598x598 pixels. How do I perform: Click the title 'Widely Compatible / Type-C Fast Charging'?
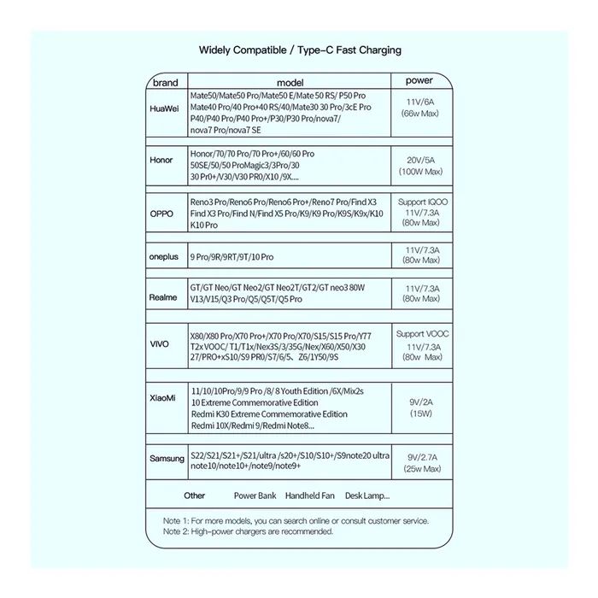[300, 50]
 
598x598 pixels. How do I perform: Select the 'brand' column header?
[164, 82]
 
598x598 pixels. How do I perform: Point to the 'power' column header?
[419, 81]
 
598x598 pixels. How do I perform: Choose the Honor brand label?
[161, 160]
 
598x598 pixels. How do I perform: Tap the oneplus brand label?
[166, 256]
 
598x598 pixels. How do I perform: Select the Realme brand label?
[164, 297]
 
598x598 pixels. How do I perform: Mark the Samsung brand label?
[167, 459]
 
